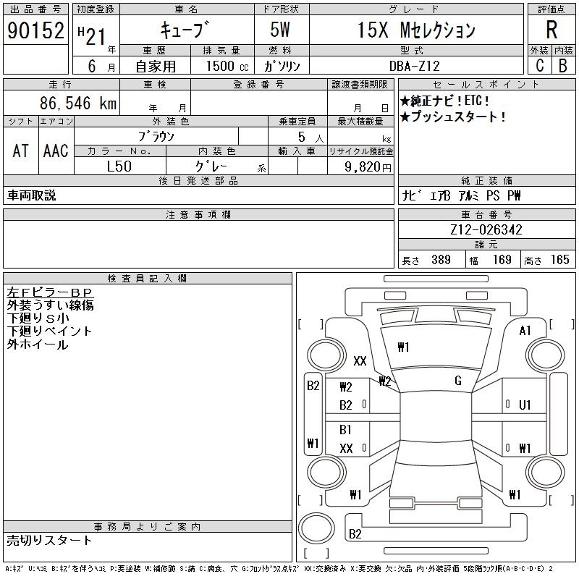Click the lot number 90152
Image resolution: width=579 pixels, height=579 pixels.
pos(34,30)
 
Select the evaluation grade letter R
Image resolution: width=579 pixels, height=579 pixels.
pos(551,30)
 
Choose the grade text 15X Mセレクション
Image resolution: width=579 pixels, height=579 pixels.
pos(417,30)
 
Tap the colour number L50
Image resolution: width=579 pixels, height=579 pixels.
pos(120,166)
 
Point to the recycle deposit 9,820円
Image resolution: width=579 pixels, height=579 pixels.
pos(360,166)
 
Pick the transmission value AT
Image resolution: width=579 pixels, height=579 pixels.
pos(21,151)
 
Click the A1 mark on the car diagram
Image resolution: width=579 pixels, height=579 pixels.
pos(525,331)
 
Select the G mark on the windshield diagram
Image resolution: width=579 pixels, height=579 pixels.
pos(457,381)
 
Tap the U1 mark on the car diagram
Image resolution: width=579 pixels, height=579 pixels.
pos(525,405)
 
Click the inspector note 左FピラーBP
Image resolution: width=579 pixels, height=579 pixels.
pos(51,292)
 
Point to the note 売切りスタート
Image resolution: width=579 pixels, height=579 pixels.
pos(50,540)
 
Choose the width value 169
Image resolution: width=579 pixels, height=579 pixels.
pos(502,260)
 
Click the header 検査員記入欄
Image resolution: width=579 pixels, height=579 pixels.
pos(148,279)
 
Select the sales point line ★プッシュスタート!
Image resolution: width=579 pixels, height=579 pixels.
pos(453,117)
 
